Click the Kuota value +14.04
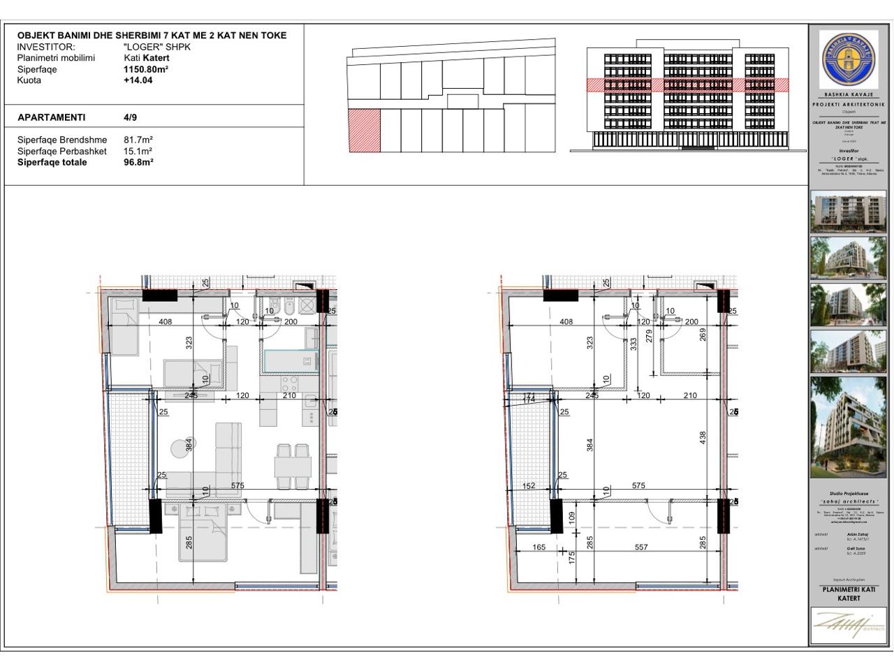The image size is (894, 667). click(x=138, y=80)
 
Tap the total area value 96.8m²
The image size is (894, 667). click(x=138, y=162)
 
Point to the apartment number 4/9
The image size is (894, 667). click(x=130, y=117)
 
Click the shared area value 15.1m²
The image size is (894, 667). click(x=138, y=151)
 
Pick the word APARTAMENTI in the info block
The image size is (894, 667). click(x=52, y=117)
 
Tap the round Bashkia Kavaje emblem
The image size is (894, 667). click(x=850, y=59)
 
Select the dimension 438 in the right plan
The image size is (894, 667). click(x=703, y=437)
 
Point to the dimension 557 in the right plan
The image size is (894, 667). click(x=641, y=548)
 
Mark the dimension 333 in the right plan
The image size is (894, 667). click(x=633, y=344)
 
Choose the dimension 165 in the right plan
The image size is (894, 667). click(x=538, y=548)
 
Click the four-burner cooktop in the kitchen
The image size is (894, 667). click(x=288, y=383)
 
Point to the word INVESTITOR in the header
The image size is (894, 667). click(x=45, y=47)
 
